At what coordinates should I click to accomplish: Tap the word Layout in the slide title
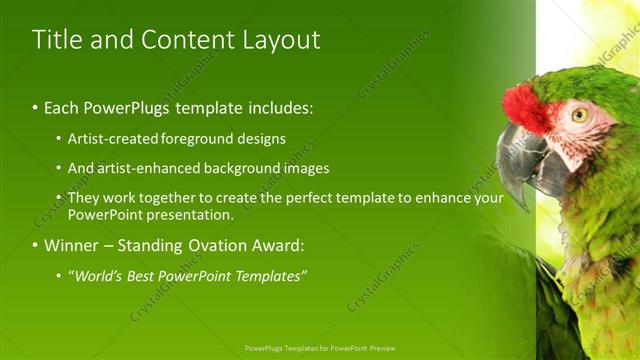click(x=281, y=40)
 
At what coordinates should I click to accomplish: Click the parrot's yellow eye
click(x=580, y=114)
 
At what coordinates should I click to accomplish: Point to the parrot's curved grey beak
click(x=520, y=160)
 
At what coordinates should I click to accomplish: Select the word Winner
click(x=71, y=244)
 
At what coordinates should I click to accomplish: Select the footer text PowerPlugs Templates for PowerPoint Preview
click(x=319, y=348)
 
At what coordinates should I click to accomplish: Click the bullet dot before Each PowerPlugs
click(x=36, y=106)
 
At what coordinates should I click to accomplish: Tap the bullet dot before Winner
click(x=36, y=245)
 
